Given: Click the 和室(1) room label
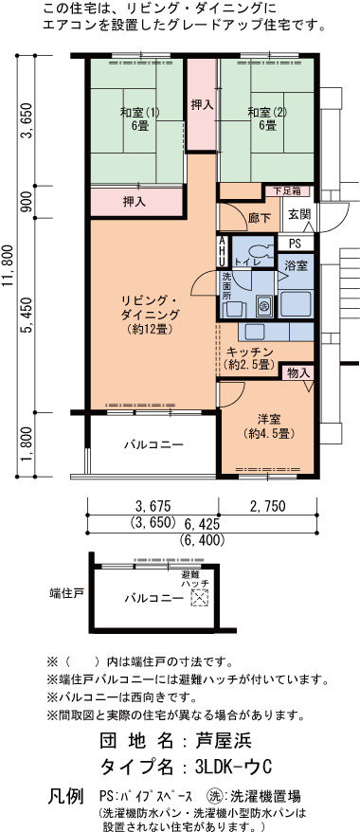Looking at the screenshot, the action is [136, 118].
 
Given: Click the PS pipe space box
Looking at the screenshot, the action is [296, 244].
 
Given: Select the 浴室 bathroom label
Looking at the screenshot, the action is [296, 265].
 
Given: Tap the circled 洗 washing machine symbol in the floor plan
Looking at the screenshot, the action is [263, 305].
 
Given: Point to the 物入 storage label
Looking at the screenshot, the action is [297, 373].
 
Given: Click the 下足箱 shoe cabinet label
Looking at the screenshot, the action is [287, 190].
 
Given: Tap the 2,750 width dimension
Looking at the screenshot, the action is [268, 506].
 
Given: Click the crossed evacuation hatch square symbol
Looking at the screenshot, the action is [199, 598].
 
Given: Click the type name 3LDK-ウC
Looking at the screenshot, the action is [233, 767].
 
